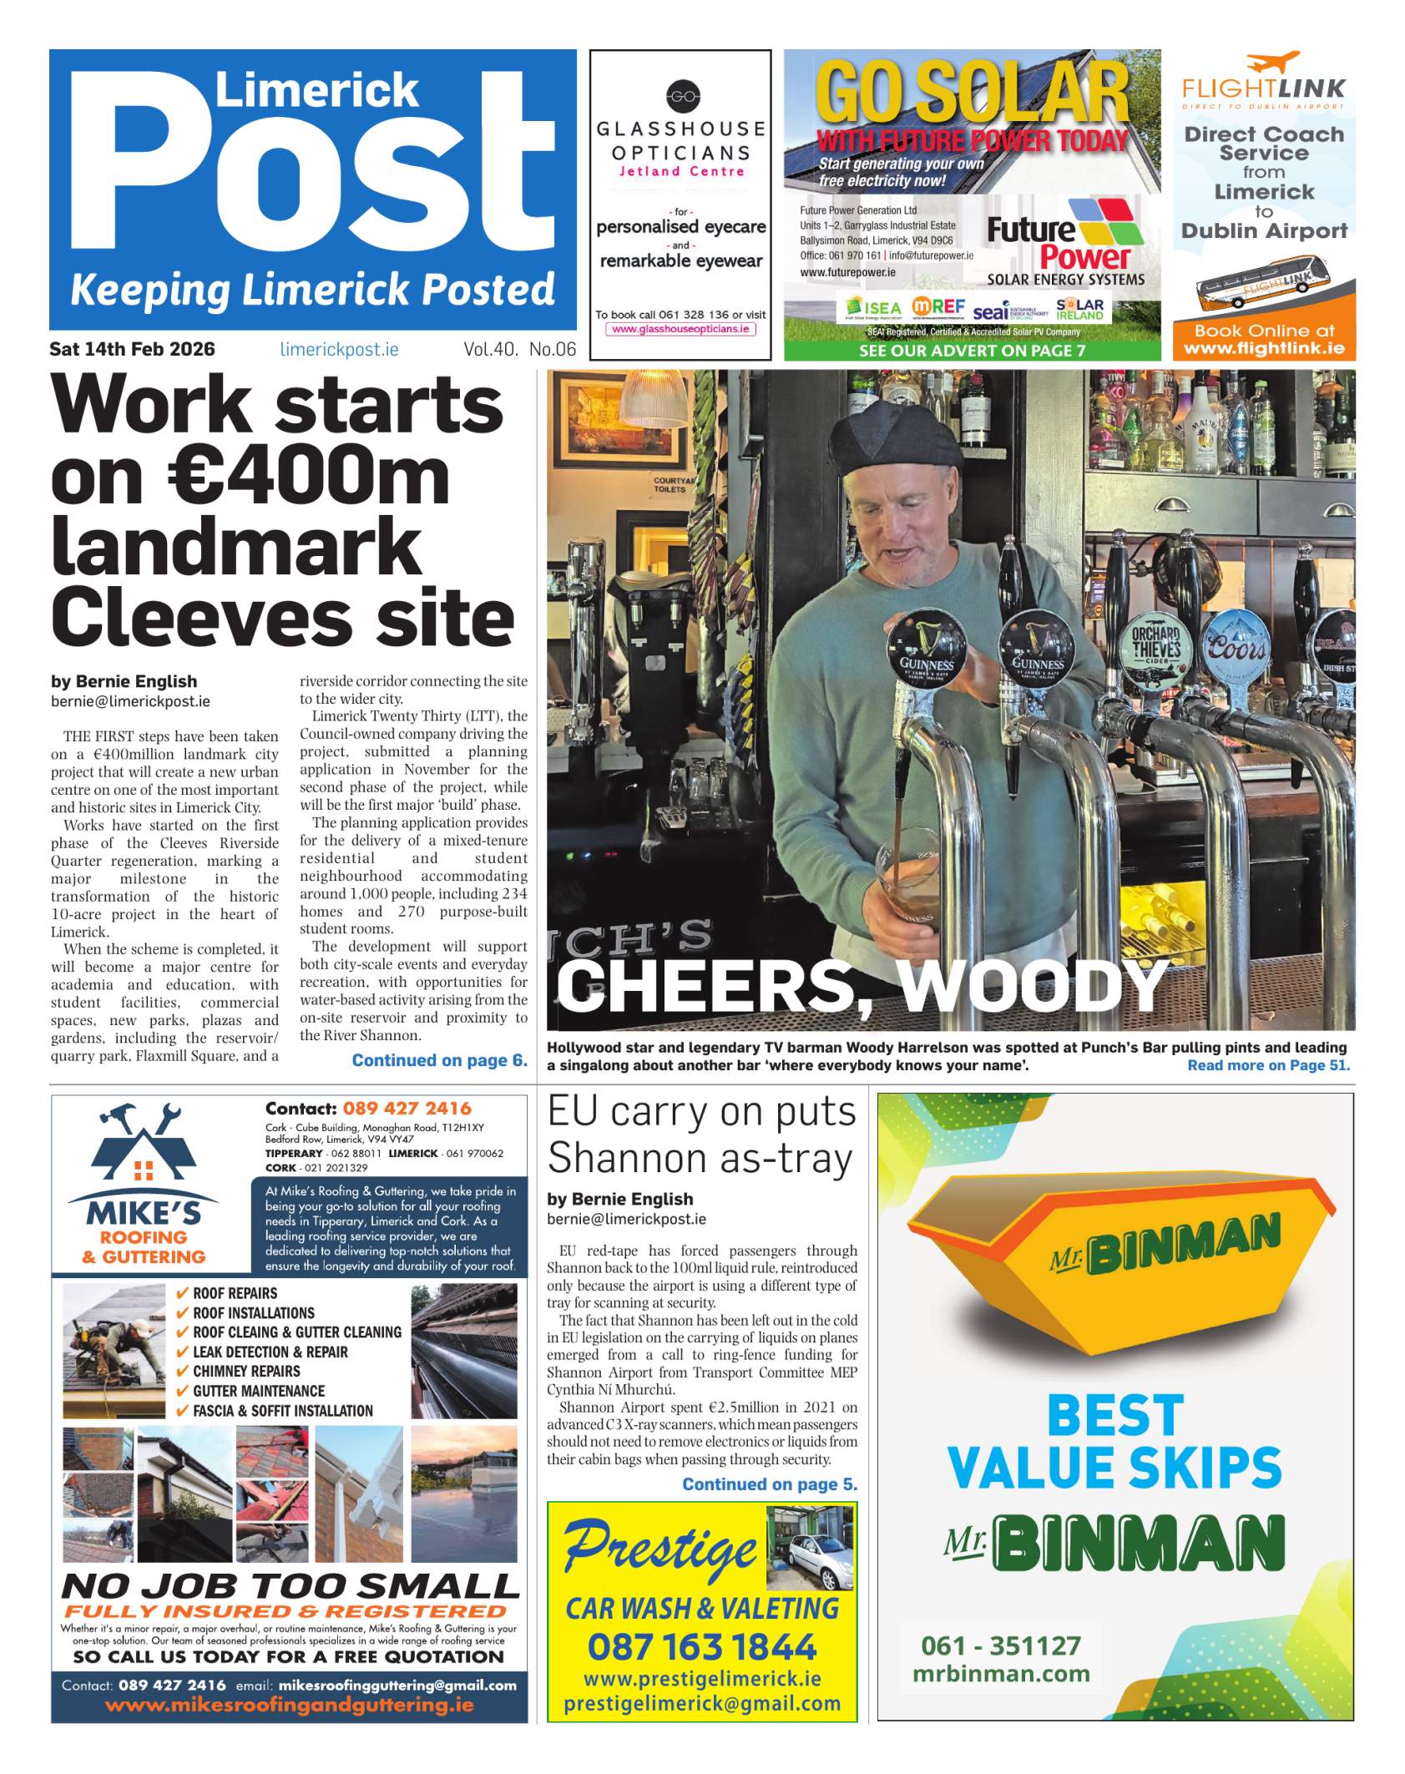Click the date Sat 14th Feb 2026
tap(132, 349)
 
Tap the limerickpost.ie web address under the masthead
tap(339, 350)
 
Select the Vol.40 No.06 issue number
tap(519, 350)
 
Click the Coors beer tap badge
tap(1237, 645)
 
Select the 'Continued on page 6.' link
tap(439, 1060)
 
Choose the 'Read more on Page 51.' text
tap(1268, 1065)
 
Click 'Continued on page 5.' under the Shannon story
tap(770, 1484)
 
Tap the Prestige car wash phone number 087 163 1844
tap(702, 1647)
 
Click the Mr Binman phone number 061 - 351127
tap(1000, 1645)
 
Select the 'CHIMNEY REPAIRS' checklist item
tap(246, 1371)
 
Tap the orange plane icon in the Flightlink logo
tap(1272, 62)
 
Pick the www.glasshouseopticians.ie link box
tap(680, 329)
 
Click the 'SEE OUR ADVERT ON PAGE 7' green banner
tap(972, 351)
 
